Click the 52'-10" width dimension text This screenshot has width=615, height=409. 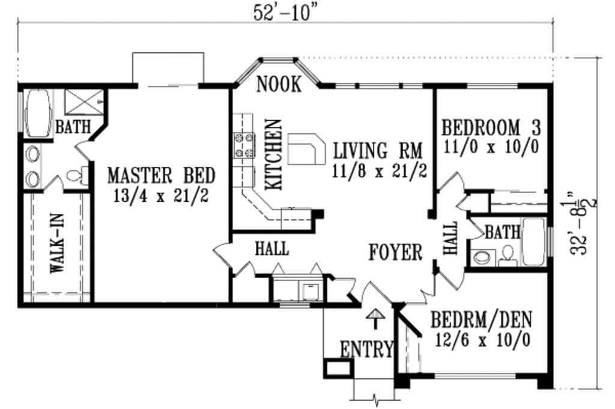pyautogui.click(x=284, y=13)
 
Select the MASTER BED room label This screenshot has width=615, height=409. pyautogui.click(x=160, y=175)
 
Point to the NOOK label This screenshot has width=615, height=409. pyautogui.click(x=279, y=85)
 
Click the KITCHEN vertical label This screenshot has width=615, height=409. pyautogui.click(x=273, y=154)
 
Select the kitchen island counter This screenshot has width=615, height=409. pyautogui.click(x=306, y=149)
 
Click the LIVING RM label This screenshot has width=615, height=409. pyautogui.click(x=378, y=149)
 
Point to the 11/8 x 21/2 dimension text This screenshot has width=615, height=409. pyautogui.click(x=379, y=171)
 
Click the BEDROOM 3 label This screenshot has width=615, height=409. pyautogui.click(x=491, y=127)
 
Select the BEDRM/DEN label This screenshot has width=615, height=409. pyautogui.click(x=480, y=319)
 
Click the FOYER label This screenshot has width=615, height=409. pyautogui.click(x=395, y=252)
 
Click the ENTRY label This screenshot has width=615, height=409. pyautogui.click(x=366, y=349)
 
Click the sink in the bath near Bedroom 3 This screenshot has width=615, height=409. pyautogui.click(x=482, y=258)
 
